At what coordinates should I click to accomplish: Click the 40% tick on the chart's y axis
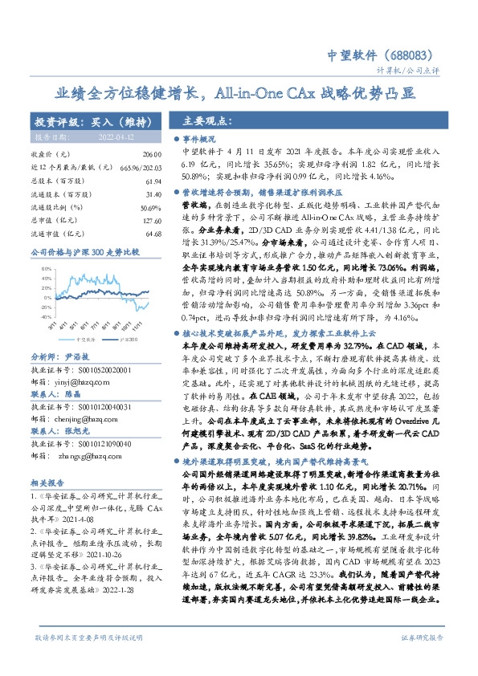(x=37, y=271)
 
